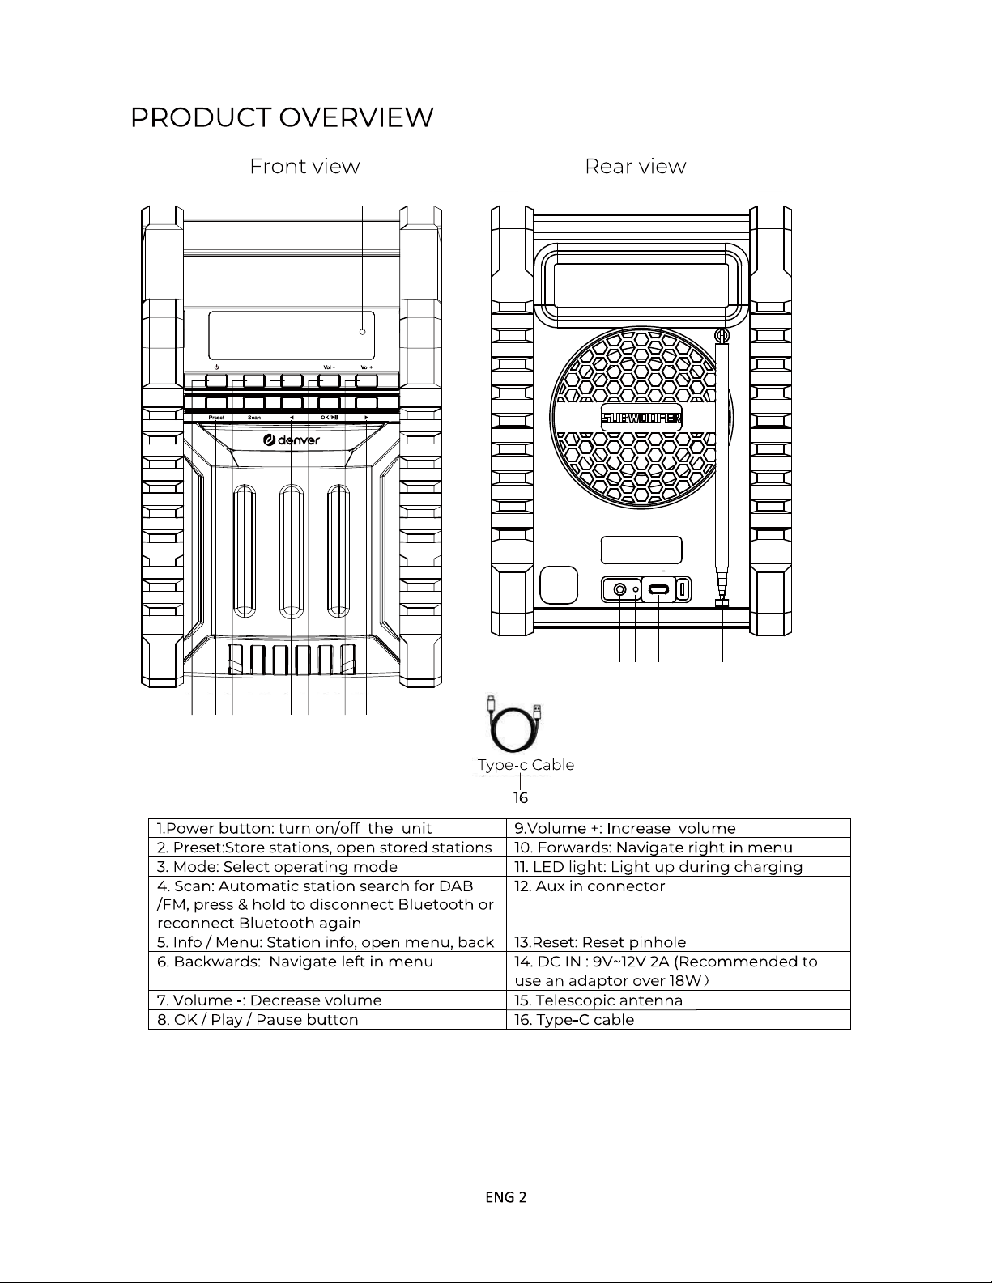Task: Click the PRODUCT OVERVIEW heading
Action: [x=282, y=118]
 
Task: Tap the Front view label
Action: [x=304, y=167]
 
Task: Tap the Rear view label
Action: [x=635, y=167]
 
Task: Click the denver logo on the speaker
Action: [x=292, y=440]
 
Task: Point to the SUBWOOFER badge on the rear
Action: [x=641, y=418]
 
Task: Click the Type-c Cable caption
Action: [x=526, y=765]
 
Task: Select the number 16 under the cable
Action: [x=520, y=798]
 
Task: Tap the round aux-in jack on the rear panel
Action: [x=619, y=590]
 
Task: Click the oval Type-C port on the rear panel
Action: [x=658, y=590]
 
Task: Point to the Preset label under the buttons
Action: [x=216, y=418]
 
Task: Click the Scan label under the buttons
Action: [x=253, y=418]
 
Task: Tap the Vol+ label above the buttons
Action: [x=366, y=367]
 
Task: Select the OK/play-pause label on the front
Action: [x=330, y=418]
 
